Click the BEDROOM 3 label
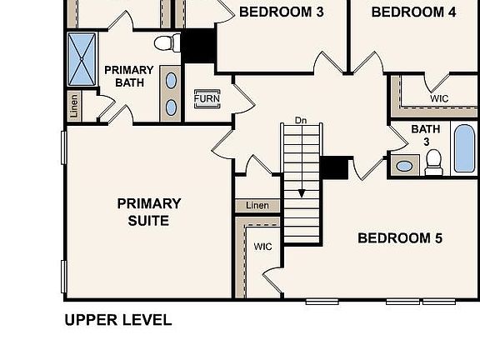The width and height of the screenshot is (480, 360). (x=280, y=12)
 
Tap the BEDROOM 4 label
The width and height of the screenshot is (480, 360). (x=413, y=12)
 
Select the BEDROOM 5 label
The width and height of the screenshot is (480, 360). (x=400, y=238)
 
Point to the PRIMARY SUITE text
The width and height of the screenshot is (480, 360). (x=149, y=212)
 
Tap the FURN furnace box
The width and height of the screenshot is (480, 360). (x=206, y=98)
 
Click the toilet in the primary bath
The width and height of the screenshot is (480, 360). (x=164, y=42)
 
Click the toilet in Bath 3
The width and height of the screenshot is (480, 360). (x=433, y=163)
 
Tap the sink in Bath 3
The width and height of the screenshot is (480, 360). (x=404, y=165)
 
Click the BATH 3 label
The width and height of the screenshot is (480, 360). (x=425, y=135)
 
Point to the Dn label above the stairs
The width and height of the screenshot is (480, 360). (x=301, y=121)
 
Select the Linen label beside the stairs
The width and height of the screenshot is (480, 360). (x=257, y=206)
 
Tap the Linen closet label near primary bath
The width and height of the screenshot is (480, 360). (x=74, y=106)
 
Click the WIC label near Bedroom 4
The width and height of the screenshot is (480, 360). (x=439, y=98)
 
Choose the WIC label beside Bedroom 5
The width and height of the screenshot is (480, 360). (x=262, y=247)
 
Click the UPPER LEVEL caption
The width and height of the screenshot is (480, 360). (x=118, y=320)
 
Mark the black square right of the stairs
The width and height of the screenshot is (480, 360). (x=334, y=167)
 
